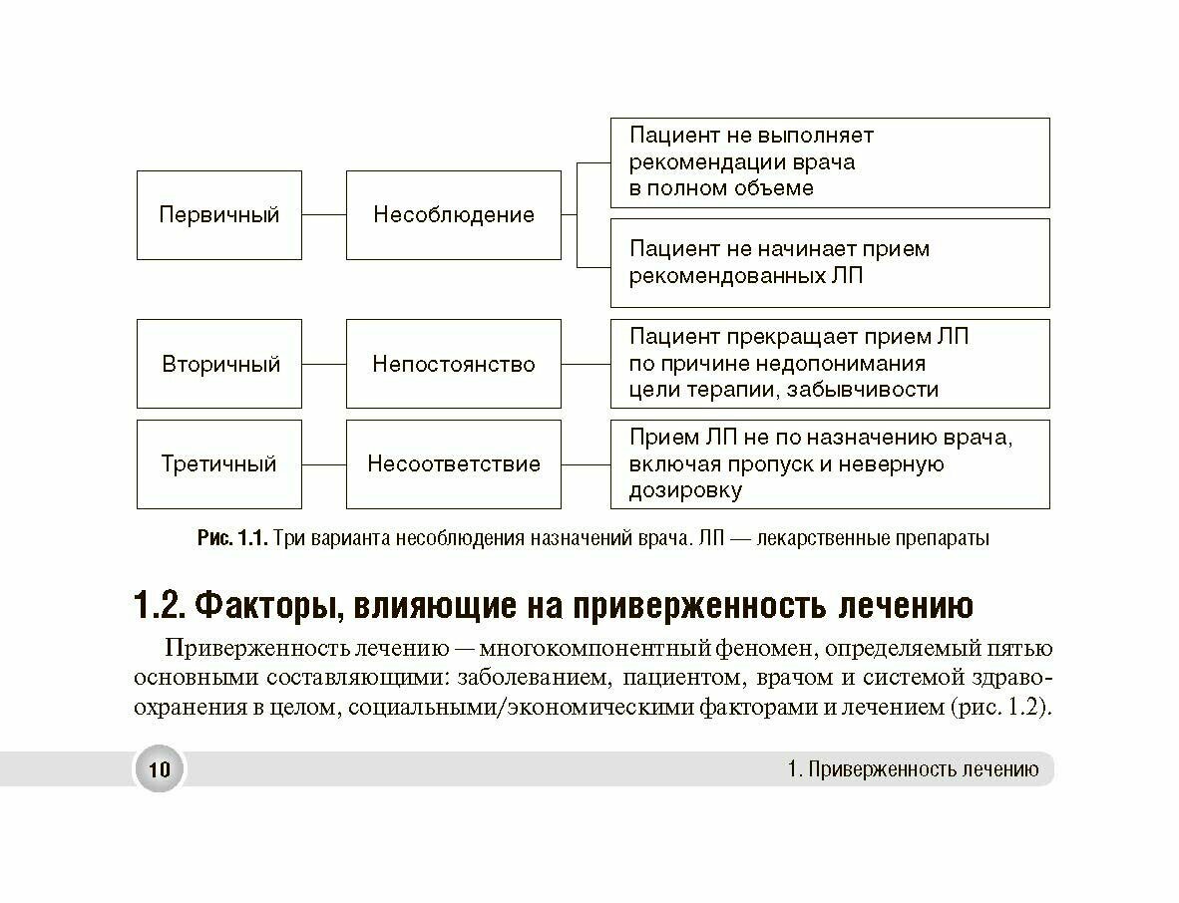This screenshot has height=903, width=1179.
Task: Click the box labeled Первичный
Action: (218, 214)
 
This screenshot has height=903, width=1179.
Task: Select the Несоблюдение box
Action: (453, 214)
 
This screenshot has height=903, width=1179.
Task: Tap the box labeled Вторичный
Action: (218, 364)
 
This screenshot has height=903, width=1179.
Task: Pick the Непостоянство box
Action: (453, 364)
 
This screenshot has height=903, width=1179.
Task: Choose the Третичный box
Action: (218, 463)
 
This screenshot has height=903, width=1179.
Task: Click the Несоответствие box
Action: (453, 463)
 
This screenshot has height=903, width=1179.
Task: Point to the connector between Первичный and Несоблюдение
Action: (323, 214)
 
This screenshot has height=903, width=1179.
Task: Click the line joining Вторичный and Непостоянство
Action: (323, 364)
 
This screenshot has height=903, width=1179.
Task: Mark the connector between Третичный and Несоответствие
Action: (323, 463)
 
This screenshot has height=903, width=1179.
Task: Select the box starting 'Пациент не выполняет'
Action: (829, 162)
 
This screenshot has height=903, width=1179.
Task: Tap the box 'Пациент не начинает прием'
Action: (829, 262)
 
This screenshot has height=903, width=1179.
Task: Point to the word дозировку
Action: (685, 490)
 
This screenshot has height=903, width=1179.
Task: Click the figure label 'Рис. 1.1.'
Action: (232, 539)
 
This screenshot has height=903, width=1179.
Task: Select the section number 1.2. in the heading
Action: (159, 605)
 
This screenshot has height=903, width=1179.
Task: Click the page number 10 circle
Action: (159, 769)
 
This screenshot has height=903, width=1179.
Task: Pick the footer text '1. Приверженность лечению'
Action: (912, 769)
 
